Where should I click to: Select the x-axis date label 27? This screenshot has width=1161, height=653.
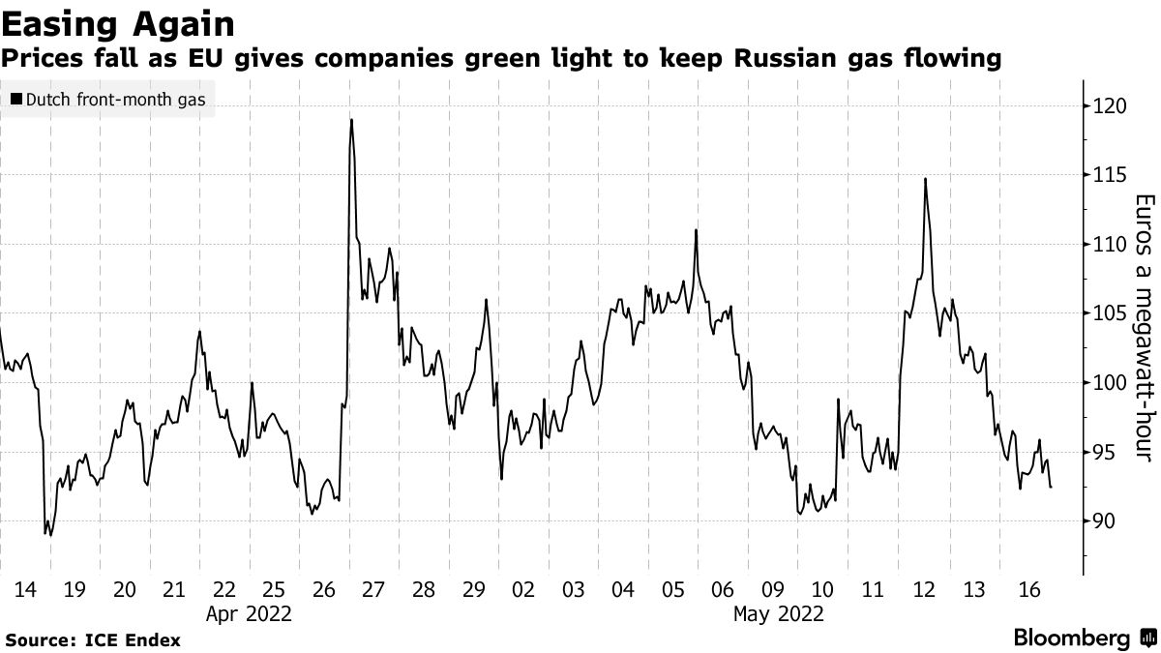[x=373, y=589]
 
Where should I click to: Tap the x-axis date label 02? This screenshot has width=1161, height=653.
[x=523, y=589]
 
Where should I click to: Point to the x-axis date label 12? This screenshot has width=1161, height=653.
[x=922, y=589]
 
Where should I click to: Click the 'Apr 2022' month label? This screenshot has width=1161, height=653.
[x=250, y=612]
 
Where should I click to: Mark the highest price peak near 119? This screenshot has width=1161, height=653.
[x=351, y=120]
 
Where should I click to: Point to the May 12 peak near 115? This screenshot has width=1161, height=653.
[x=926, y=179]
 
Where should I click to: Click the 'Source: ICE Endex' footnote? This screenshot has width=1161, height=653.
[x=93, y=639]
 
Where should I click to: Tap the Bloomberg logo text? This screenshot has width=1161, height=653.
[x=1071, y=638]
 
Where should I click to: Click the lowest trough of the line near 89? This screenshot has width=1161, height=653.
[x=45, y=533]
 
